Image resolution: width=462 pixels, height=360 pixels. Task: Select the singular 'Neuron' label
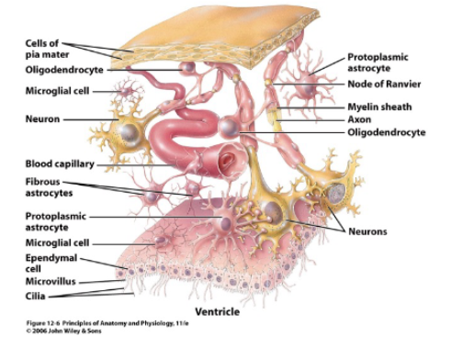click(x=37, y=119)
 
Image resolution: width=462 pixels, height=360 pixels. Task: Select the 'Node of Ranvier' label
click(x=382, y=84)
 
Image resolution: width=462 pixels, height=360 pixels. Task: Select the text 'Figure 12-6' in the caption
click(x=47, y=324)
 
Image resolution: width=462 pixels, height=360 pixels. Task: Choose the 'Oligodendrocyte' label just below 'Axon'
click(x=387, y=132)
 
